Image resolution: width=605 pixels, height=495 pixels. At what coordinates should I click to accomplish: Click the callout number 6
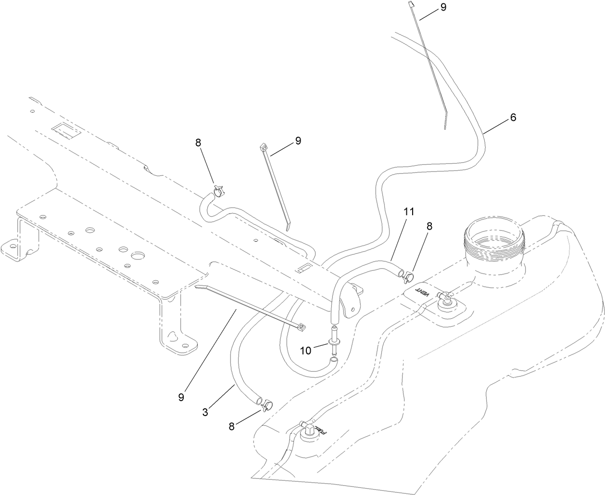click(513, 117)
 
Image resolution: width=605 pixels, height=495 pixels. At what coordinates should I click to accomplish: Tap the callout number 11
click(409, 211)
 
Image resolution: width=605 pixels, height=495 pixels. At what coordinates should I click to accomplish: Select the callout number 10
click(306, 350)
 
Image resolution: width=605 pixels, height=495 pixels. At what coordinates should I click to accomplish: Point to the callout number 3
click(205, 412)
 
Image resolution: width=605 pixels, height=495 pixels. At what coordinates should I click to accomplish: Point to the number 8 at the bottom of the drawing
click(231, 426)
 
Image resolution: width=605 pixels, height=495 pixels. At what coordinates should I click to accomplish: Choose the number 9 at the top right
click(443, 7)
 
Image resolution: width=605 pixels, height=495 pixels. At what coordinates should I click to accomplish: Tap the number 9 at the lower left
click(181, 397)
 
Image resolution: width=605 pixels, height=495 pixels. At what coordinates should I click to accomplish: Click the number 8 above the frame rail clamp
click(198, 143)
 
